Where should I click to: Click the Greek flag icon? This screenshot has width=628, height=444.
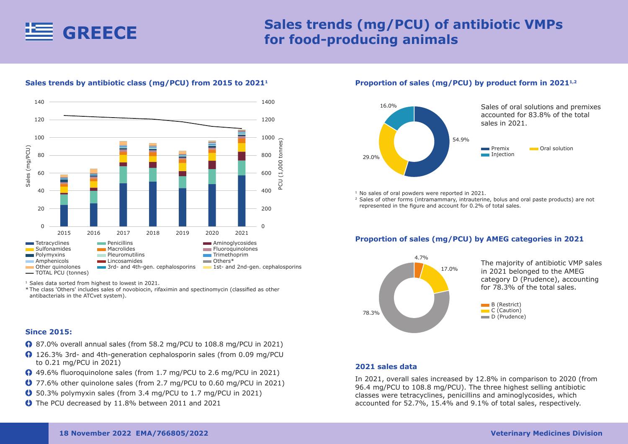point(39,32)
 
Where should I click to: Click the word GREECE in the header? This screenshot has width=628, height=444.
point(100,33)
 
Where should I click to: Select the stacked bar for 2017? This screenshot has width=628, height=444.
point(123,184)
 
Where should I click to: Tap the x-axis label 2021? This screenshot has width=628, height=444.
point(242,233)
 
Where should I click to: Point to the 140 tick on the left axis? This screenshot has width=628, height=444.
point(39,102)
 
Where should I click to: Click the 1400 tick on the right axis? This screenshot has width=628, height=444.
point(268,102)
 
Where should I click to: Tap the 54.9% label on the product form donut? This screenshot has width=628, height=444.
point(461,140)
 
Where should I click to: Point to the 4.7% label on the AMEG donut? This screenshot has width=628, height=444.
point(421,258)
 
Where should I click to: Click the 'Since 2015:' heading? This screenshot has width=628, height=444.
point(49,332)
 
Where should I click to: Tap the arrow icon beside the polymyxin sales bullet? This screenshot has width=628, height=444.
point(28,393)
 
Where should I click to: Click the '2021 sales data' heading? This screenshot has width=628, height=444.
point(386,367)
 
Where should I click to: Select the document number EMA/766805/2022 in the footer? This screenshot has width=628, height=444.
point(172,434)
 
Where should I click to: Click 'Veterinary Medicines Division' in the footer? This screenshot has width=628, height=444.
point(546,434)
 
